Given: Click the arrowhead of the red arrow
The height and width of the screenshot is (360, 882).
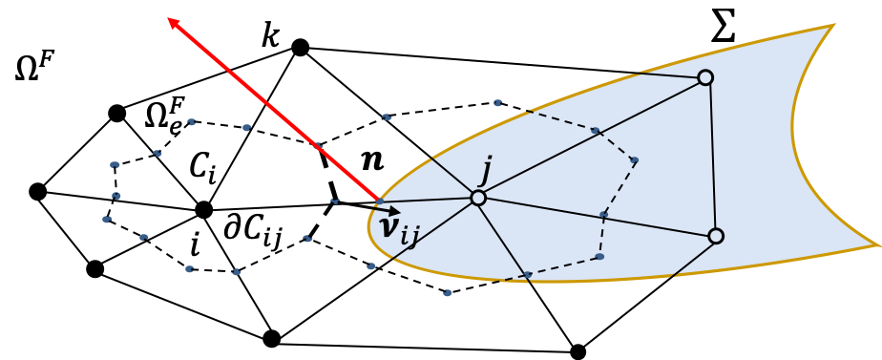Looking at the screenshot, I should pyautogui.click(x=172, y=21).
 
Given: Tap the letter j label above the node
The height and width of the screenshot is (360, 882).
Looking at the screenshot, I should pyautogui.click(x=485, y=171).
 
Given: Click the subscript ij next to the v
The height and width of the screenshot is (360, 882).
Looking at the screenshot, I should pyautogui.click(x=409, y=234).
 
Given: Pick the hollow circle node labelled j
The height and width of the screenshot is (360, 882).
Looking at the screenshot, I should pyautogui.click(x=478, y=198).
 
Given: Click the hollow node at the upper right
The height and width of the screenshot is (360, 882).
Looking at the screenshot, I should pyautogui.click(x=705, y=77).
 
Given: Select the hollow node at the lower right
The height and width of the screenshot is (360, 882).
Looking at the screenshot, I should pyautogui.click(x=716, y=236).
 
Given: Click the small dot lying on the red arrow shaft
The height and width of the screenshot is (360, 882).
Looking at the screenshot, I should pyautogui.click(x=319, y=146).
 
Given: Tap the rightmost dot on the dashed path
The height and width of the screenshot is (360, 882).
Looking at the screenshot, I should pyautogui.click(x=634, y=160).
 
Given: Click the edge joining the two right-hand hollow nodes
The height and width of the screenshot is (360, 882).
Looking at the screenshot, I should pyautogui.click(x=711, y=158).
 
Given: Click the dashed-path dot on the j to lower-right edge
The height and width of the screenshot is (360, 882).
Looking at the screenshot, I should pyautogui.click(x=604, y=215).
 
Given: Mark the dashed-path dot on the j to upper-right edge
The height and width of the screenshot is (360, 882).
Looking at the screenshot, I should pyautogui.click(x=595, y=131).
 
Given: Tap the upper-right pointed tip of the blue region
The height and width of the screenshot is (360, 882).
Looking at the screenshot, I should pyautogui.click(x=833, y=25).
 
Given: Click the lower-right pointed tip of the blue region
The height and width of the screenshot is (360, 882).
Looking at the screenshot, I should pyautogui.click(x=877, y=245).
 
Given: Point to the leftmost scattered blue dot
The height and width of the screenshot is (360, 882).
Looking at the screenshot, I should pyautogui.click(x=107, y=220).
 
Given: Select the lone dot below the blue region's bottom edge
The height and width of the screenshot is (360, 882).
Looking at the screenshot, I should pyautogui.click(x=447, y=293).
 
